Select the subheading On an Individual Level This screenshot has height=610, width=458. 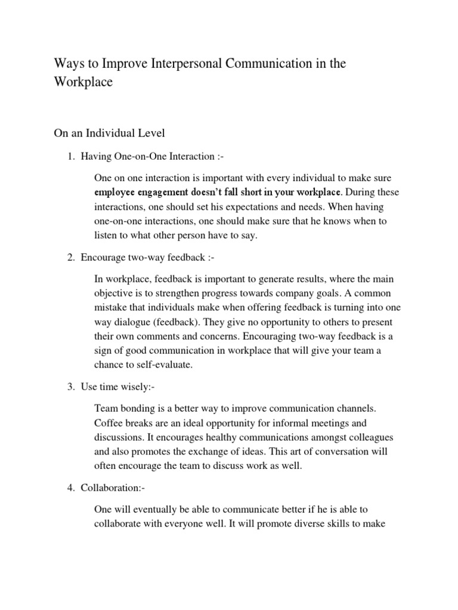pyautogui.click(x=109, y=132)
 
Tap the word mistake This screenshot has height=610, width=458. pyautogui.click(x=112, y=307)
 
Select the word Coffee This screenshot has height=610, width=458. pyautogui.click(x=110, y=423)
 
